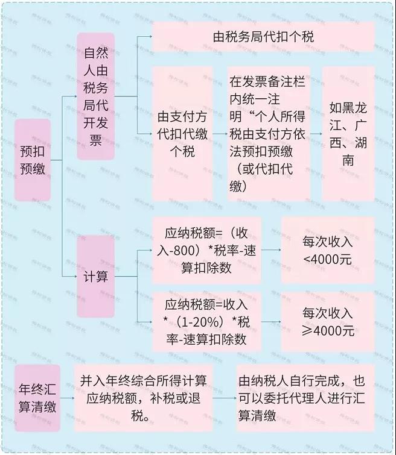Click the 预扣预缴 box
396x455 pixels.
33,160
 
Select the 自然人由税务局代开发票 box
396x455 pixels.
95,96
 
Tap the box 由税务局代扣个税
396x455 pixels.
263,37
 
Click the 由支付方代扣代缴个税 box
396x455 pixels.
182,134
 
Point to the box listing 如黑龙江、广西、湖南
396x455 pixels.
348,134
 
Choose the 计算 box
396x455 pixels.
95,276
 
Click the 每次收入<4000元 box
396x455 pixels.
328,250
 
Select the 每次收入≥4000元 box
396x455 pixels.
328,322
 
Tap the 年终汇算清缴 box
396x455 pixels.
37,398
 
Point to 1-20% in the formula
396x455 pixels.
198,322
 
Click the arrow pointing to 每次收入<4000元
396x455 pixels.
271,250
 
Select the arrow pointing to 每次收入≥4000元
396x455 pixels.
271,322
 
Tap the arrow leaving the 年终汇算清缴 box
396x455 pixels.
67,398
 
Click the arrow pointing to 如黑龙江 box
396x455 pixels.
316,134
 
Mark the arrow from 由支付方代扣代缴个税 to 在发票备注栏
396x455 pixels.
220,134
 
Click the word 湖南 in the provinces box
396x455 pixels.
348,151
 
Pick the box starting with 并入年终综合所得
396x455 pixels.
143,398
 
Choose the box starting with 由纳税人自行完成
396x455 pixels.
305,398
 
